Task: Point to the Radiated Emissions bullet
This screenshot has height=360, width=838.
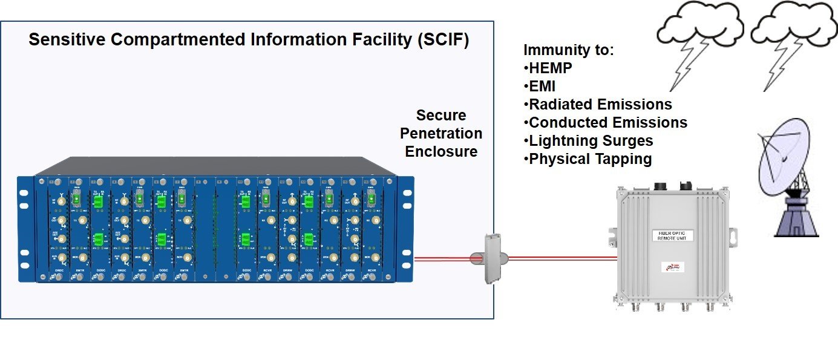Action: [600, 105]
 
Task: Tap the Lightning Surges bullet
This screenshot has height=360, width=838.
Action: [591, 141]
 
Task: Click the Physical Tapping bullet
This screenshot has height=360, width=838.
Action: [589, 159]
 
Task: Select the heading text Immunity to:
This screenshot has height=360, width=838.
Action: [568, 50]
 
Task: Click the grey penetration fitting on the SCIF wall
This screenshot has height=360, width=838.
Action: [491, 259]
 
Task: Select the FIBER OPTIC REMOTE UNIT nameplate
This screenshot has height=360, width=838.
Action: [671, 235]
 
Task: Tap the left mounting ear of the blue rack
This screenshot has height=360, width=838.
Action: [24, 230]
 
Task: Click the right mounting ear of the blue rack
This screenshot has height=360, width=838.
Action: [405, 230]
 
